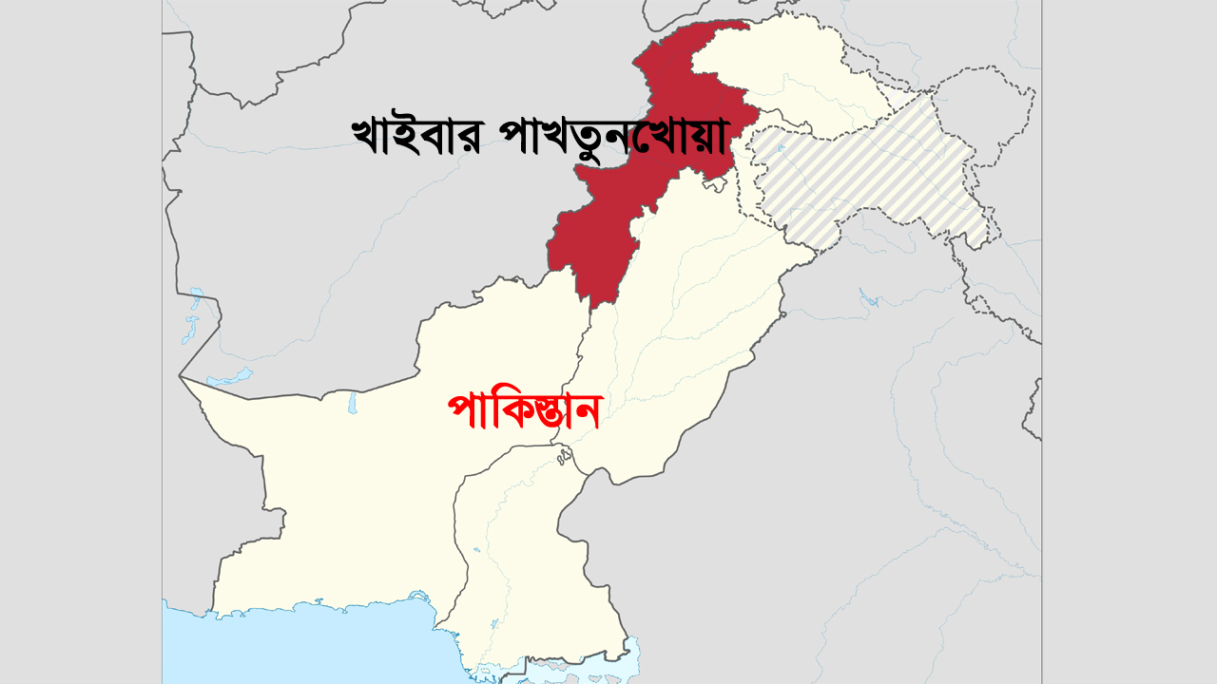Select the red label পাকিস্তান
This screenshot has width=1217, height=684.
point(524,412)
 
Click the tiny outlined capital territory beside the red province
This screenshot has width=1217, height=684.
point(708,186)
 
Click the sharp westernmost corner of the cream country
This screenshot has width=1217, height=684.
point(180,376)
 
